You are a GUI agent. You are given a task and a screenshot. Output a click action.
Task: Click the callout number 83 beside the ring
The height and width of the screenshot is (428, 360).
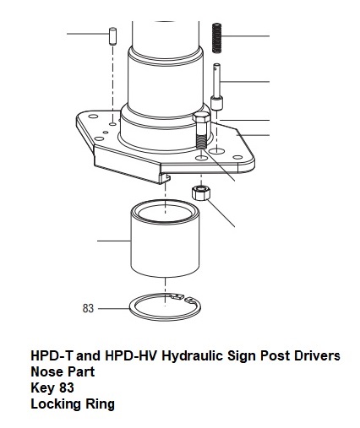click(x=88, y=308)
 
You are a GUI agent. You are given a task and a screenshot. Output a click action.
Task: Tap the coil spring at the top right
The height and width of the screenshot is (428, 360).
click(x=216, y=38)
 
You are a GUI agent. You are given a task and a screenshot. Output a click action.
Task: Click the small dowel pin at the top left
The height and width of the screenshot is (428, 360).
click(x=112, y=35)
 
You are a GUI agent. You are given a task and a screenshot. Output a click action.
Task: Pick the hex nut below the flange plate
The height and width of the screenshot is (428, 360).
click(x=201, y=192)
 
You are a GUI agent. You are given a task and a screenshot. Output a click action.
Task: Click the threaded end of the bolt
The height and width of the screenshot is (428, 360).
click(x=201, y=142)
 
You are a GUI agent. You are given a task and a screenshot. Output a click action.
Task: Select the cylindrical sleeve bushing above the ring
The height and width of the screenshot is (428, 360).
click(x=165, y=239)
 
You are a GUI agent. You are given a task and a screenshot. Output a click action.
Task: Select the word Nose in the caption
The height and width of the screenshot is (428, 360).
click(x=44, y=371)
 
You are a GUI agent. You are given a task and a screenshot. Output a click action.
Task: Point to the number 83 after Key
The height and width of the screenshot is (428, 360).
click(x=67, y=387)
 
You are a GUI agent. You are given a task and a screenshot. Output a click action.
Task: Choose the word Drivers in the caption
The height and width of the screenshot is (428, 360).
click(x=317, y=355)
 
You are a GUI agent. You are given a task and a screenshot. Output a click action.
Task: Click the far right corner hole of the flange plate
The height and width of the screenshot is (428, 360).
click(x=238, y=157)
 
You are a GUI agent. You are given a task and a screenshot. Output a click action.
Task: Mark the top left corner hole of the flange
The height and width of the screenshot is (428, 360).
click(x=93, y=116)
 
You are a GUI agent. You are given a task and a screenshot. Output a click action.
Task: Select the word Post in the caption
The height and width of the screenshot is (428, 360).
click(x=275, y=355)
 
